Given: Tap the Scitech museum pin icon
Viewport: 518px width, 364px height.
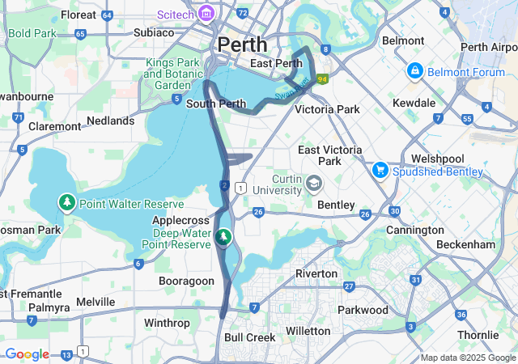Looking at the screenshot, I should [x=206, y=13].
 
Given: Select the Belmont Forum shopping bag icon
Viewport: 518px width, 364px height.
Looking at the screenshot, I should [x=415, y=71].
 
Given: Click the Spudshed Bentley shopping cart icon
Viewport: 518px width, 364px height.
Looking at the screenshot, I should [x=380, y=171].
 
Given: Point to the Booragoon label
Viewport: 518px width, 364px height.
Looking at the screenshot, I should [x=185, y=280].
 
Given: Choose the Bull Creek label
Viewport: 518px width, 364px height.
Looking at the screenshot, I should [x=244, y=336].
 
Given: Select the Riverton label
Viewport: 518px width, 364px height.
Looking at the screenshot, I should [x=316, y=273].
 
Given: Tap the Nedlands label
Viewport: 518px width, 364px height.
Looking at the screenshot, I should [x=111, y=121].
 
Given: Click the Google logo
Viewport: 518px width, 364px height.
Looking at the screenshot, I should [x=27, y=354].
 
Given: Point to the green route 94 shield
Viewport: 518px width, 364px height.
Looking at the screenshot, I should [x=322, y=79].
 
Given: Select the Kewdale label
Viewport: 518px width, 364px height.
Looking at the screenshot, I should [x=414, y=104].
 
